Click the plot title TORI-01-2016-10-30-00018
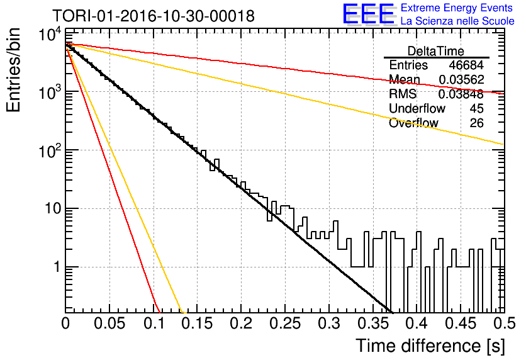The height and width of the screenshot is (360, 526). point(154,16)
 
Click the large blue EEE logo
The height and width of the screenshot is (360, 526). point(369,14)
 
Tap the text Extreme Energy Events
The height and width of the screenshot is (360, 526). point(457,8)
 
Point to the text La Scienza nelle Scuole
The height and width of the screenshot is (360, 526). point(457,21)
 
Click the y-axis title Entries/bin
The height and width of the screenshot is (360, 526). point(13,70)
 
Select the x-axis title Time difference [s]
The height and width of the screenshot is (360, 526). point(430,346)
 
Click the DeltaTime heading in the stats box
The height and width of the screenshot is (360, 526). point(436,51)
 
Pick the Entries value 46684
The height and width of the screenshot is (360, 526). point(466,65)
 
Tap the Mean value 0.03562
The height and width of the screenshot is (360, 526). point(461,79)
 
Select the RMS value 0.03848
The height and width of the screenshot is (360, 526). point(461,94)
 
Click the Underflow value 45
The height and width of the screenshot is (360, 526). point(477,108)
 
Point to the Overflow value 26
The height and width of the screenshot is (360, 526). point(477,123)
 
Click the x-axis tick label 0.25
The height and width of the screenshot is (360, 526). point(285,323)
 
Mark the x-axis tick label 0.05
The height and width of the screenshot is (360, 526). point(109,323)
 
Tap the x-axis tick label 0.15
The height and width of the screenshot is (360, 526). point(198,323)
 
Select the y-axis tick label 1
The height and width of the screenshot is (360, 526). point(57,267)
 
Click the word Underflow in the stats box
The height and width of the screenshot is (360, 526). point(417,108)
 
